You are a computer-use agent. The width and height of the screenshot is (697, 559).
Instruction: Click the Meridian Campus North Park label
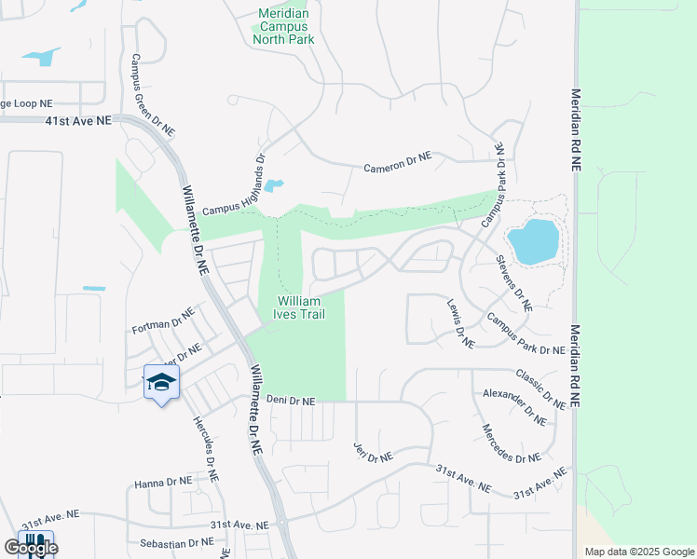click(283, 27)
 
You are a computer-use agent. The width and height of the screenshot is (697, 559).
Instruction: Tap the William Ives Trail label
click(297, 307)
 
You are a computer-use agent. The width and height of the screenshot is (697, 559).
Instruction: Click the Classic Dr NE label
click(540, 389)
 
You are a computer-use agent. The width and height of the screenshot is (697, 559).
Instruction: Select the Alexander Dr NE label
click(514, 407)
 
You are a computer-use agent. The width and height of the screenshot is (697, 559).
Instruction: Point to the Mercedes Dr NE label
click(511, 444)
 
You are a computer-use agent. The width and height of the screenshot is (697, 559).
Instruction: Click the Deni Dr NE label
click(291, 401)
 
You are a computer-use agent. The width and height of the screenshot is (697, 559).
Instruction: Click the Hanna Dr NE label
click(163, 482)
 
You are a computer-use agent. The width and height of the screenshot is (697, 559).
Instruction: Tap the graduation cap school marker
click(162, 382)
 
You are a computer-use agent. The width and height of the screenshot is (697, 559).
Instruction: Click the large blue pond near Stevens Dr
click(535, 240)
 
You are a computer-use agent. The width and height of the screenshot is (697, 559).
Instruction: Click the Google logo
click(30, 548)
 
